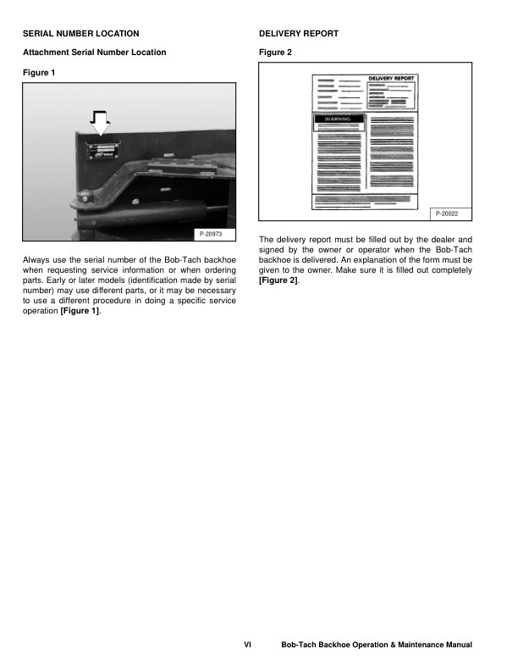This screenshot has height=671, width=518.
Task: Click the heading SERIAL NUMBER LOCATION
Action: [82, 34]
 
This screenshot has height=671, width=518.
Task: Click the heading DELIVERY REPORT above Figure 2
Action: [299, 34]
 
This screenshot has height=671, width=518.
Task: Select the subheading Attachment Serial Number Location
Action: [94, 53]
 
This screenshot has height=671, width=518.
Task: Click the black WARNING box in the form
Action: [339, 119]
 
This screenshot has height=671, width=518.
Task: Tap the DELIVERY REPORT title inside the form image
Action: [390, 78]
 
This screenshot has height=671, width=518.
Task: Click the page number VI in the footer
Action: [247, 646]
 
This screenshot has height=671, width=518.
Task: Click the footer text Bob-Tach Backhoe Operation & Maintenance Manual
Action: [377, 646]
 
